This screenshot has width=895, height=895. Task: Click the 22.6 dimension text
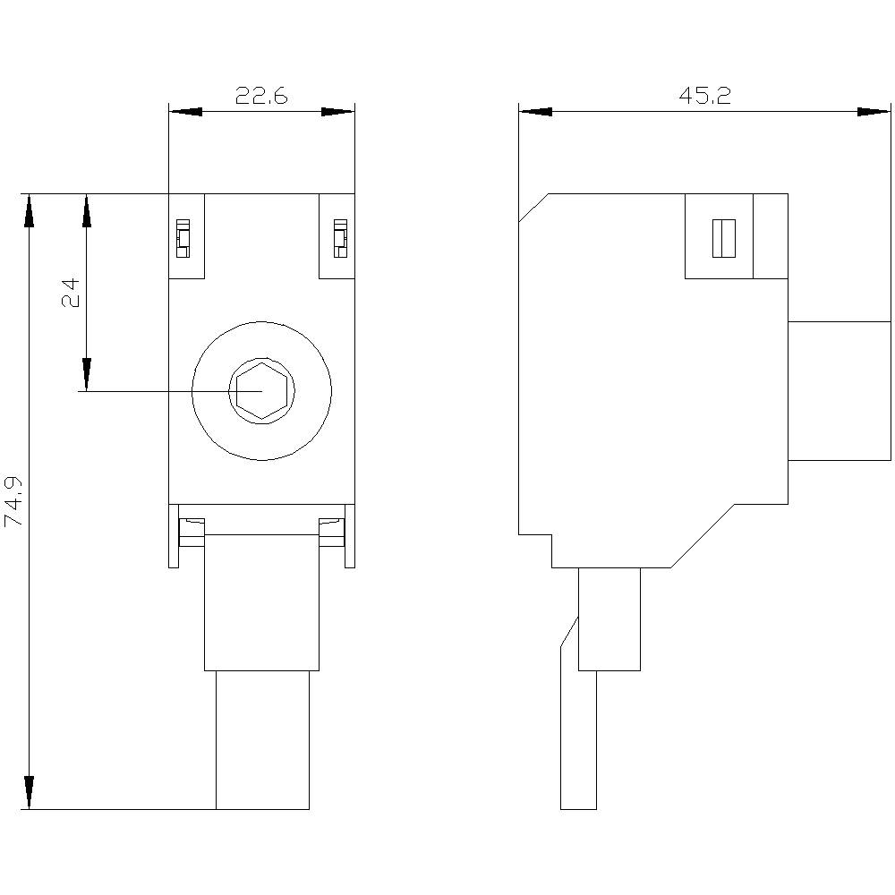coord(261,96)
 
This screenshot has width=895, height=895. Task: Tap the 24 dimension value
coord(71,293)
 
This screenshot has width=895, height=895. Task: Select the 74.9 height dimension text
coord(14,501)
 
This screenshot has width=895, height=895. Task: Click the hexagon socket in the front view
coord(261,392)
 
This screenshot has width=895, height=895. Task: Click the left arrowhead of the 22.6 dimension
coord(184,112)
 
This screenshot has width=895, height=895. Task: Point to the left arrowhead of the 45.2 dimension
coord(535,112)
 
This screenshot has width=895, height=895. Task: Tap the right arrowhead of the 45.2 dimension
coord(874,112)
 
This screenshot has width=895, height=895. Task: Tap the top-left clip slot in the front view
coord(183,238)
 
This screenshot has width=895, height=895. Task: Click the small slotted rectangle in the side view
coord(724,238)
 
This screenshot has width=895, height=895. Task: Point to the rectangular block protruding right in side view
coord(840,390)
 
